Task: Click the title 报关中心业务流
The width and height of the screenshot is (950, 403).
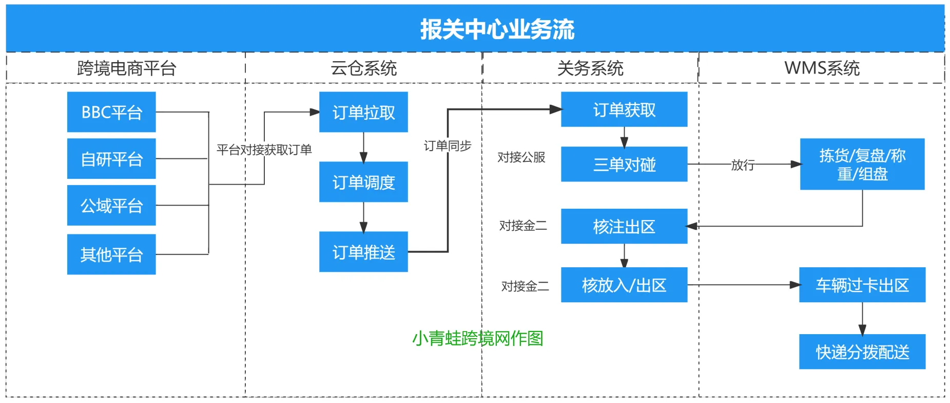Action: pyautogui.click(x=497, y=29)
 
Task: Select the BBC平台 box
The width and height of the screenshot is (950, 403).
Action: pyautogui.click(x=111, y=112)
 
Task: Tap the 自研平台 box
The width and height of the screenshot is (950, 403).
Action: pyautogui.click(x=111, y=159)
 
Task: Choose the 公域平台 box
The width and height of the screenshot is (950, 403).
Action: pyautogui.click(x=111, y=206)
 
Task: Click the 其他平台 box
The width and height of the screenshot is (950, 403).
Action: pyautogui.click(x=111, y=254)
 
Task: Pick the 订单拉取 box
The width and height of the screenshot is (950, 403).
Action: pyautogui.click(x=363, y=112)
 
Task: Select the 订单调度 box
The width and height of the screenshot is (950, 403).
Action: pyautogui.click(x=363, y=182)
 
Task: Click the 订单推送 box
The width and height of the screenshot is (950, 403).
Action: pyautogui.click(x=363, y=252)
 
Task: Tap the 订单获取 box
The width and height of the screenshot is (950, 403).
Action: pyautogui.click(x=624, y=109)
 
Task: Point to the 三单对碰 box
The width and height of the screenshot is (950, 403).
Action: pyautogui.click(x=624, y=164)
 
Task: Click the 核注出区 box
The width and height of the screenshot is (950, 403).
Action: pyautogui.click(x=624, y=226)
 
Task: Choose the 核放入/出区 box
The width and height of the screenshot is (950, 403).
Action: pyautogui.click(x=624, y=285)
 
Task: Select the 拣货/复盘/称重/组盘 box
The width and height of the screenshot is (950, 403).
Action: pyautogui.click(x=862, y=164)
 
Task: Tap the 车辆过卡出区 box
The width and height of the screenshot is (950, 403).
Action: pyautogui.click(x=862, y=285)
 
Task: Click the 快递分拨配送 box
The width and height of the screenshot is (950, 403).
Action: pyautogui.click(x=862, y=352)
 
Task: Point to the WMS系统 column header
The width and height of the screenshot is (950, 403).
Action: pyautogui.click(x=822, y=68)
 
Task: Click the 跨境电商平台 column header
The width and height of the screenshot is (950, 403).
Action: pyautogui.click(x=126, y=68)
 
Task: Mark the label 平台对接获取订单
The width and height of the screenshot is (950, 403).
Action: pyautogui.click(x=264, y=150)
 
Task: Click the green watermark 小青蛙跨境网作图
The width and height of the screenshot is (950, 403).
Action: pyautogui.click(x=477, y=338)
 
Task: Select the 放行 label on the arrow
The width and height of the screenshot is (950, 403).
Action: pyautogui.click(x=743, y=165)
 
